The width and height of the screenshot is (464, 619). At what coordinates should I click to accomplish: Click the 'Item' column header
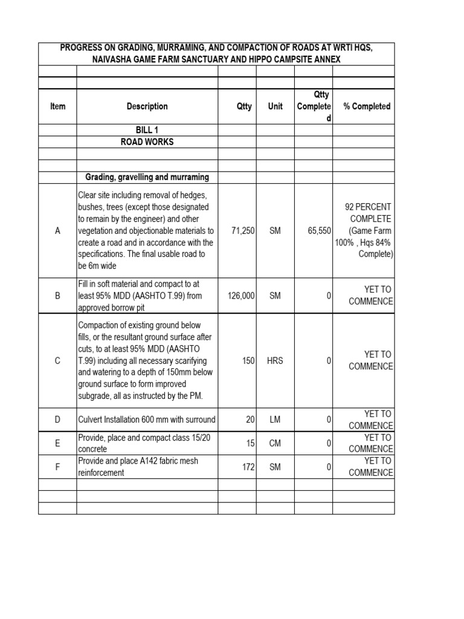(58, 106)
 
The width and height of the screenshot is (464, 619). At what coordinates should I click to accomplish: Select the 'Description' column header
(147, 106)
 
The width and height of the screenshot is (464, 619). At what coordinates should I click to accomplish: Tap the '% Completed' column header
(367, 106)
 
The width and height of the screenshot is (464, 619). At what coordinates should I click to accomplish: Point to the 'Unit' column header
(275, 106)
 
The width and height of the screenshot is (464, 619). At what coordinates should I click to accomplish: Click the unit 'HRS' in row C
(275, 360)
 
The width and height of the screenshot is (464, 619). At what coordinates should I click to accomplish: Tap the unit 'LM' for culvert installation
(275, 420)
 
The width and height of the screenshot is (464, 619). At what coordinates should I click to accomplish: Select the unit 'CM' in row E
(275, 443)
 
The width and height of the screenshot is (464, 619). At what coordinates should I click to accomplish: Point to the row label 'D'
(58, 420)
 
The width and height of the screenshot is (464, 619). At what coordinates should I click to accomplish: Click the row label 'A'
(58, 230)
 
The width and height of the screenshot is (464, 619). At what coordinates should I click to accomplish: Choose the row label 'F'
(58, 467)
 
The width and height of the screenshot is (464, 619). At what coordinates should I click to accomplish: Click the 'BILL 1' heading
(147, 130)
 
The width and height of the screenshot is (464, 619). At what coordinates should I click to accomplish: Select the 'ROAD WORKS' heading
(147, 142)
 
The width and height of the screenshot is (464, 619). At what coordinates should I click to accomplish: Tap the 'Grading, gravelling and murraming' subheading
(147, 177)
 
